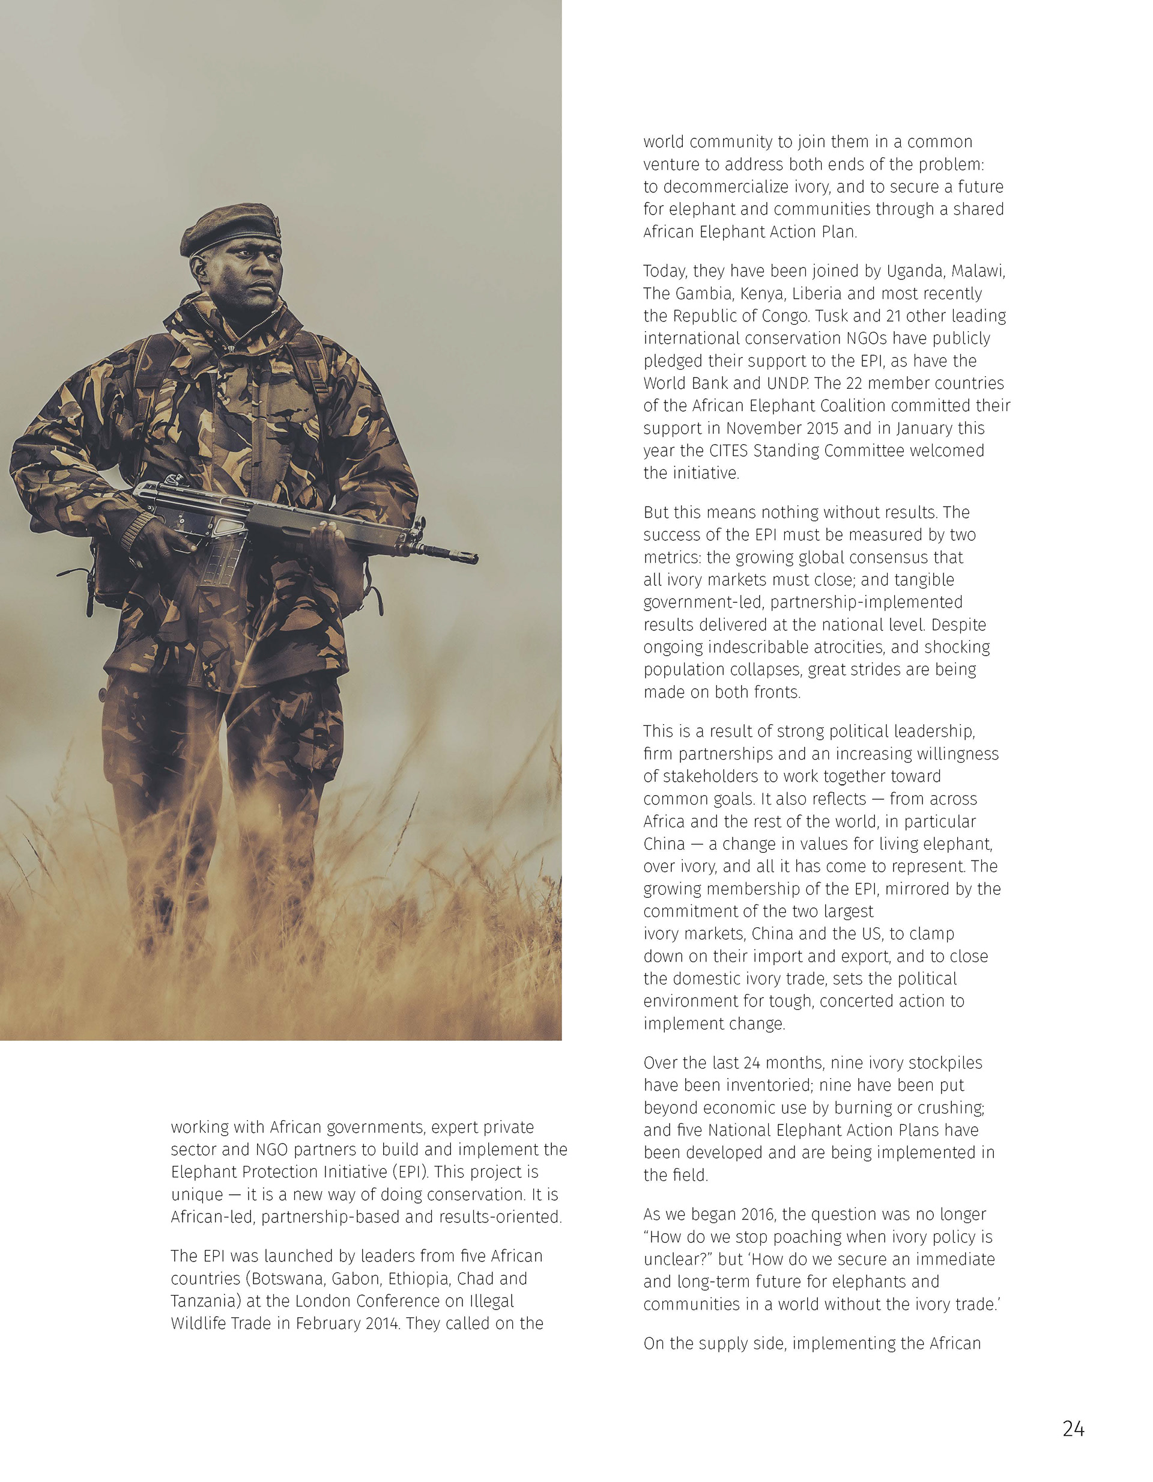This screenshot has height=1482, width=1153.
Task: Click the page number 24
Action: coord(1073,1430)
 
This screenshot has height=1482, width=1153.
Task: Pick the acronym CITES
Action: coord(729,451)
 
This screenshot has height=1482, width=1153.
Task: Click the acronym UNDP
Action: coord(787,383)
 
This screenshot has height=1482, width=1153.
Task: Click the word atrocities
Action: coord(840,647)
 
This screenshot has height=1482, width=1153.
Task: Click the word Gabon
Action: coord(357,1278)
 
